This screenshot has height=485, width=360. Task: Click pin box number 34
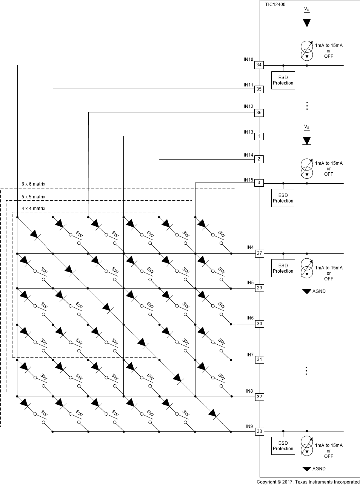coord(259,65)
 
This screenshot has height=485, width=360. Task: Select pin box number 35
coord(259,89)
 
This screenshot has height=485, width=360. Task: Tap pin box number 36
coord(259,112)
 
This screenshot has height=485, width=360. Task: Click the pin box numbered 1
coord(259,136)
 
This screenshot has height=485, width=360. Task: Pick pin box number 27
coord(259,253)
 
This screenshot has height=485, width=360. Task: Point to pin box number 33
coord(259,431)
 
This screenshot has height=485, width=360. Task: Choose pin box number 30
coord(259,324)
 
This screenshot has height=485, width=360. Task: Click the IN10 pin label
coord(248,59)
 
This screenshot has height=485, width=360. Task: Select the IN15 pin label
coord(248,180)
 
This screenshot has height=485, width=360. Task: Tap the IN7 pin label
coord(250,355)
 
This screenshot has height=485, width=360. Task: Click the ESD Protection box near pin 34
coord(283,80)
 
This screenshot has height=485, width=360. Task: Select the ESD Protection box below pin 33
coord(283,446)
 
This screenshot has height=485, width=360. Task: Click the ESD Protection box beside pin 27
coord(283,268)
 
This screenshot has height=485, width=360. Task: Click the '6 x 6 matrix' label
coord(33,184)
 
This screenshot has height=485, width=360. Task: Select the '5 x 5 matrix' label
coord(33,197)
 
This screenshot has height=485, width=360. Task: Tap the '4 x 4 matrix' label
coord(33,209)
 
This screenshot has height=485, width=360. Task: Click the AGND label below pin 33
coord(319,469)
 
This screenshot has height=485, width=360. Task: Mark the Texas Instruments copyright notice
coord(308,482)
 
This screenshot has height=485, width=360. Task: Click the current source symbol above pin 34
coord(307,50)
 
